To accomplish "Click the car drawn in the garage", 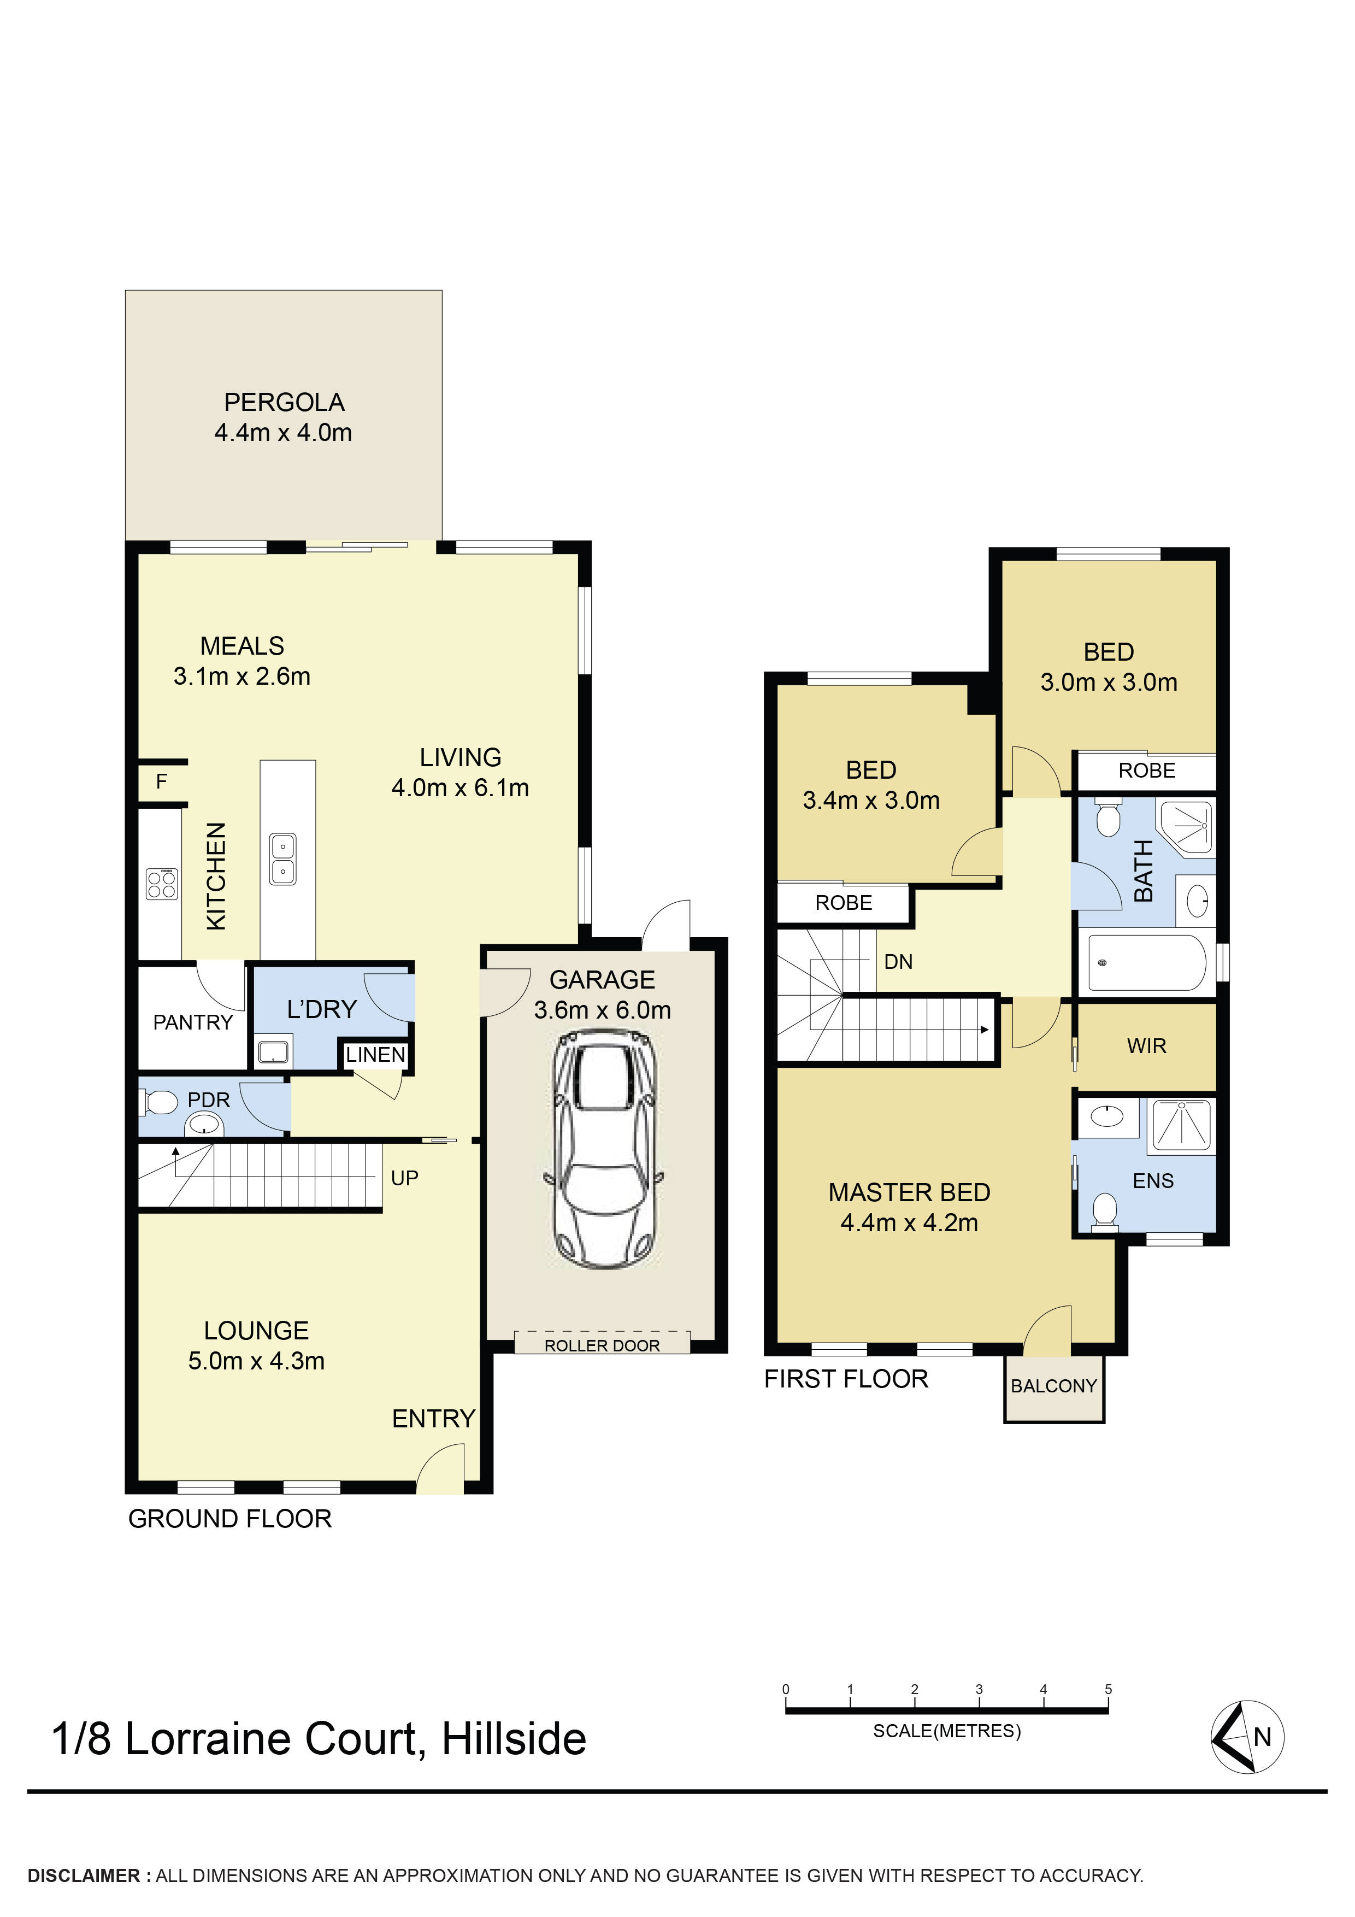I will pyautogui.click(x=604, y=1150).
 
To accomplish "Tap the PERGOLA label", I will pyautogui.click(x=284, y=402).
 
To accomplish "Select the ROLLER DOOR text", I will pyautogui.click(x=602, y=1345).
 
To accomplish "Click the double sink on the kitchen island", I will pyautogui.click(x=283, y=859).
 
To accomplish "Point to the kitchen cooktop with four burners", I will pyautogui.click(x=162, y=883).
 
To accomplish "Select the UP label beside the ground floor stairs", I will pyautogui.click(x=405, y=1178).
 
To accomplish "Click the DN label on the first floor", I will pyautogui.click(x=898, y=962).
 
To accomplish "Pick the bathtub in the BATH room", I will pyautogui.click(x=1146, y=963).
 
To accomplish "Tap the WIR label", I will pyautogui.click(x=1146, y=1045).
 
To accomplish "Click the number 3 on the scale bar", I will pyautogui.click(x=979, y=1688).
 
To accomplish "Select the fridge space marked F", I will pyautogui.click(x=162, y=781).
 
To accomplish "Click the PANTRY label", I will pyautogui.click(x=193, y=1022).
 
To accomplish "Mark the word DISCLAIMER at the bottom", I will pyautogui.click(x=84, y=1875).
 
